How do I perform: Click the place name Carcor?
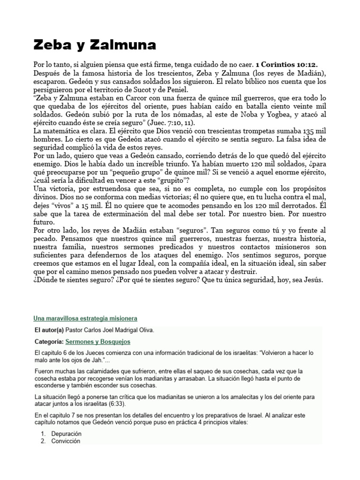click(x=144, y=97)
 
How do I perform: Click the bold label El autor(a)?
click(x=49, y=330)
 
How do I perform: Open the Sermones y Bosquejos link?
click(x=98, y=342)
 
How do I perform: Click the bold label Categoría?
click(x=49, y=342)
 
